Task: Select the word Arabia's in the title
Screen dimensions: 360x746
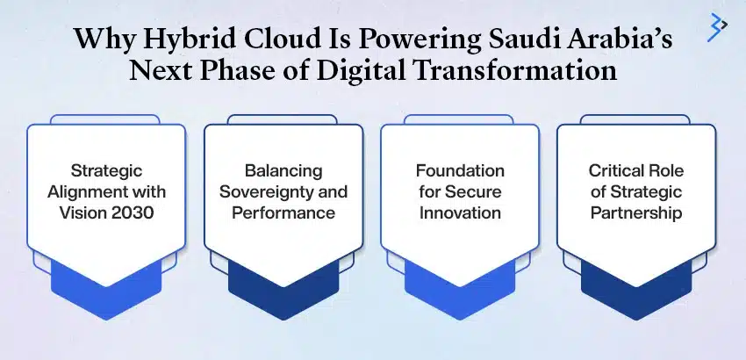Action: tap(606, 40)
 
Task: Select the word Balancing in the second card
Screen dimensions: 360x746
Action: tap(283, 170)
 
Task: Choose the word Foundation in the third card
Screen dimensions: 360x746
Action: tap(460, 170)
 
